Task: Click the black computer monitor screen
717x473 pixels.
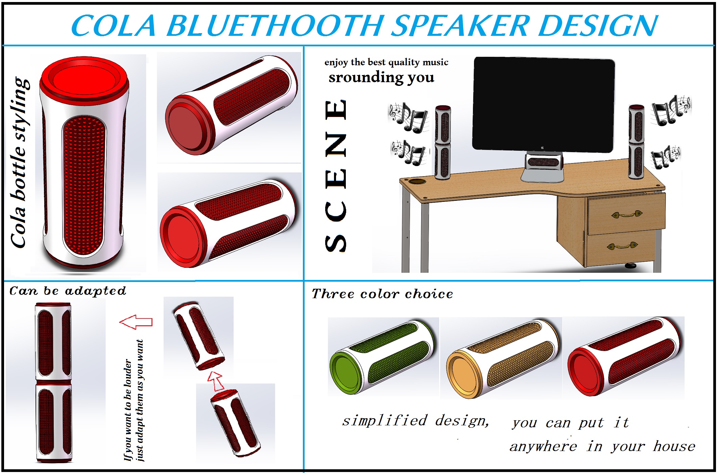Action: pyautogui.click(x=544, y=105)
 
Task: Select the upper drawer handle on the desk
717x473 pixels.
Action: pyautogui.click(x=627, y=214)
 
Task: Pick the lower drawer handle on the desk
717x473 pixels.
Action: pyautogui.click(x=622, y=245)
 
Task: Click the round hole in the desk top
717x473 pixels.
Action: pyautogui.click(x=418, y=182)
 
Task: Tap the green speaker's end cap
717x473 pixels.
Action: pyautogui.click(x=346, y=372)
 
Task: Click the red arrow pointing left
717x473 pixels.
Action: pyautogui.click(x=136, y=322)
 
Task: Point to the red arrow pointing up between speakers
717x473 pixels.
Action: pyautogui.click(x=216, y=381)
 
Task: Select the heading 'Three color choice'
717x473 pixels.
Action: pyautogui.click(x=382, y=294)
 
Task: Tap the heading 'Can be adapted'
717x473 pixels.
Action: pyautogui.click(x=68, y=291)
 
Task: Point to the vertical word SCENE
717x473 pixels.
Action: pyautogui.click(x=336, y=176)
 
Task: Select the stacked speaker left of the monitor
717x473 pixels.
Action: pyautogui.click(x=443, y=142)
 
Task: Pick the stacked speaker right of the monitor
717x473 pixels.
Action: pyautogui.click(x=636, y=142)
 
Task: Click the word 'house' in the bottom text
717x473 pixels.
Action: pyautogui.click(x=674, y=446)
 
